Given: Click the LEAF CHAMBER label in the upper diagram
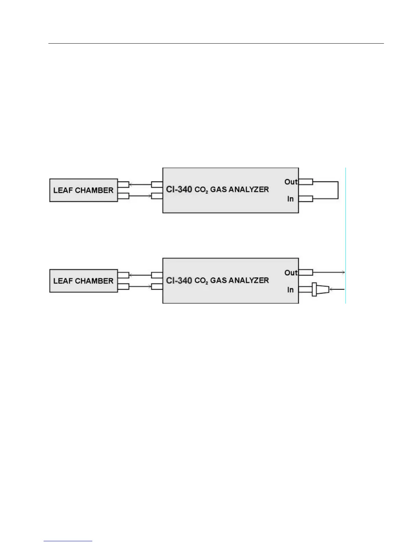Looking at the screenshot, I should (83, 190).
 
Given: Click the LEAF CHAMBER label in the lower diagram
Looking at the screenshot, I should (83, 281).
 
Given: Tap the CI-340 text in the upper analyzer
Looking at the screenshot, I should (179, 189).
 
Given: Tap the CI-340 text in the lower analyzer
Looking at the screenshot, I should (179, 280).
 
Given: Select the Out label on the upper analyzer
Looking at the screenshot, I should (291, 182).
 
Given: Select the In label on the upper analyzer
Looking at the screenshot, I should (290, 199).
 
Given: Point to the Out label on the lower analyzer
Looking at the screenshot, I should (291, 273).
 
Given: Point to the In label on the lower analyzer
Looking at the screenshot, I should (290, 290).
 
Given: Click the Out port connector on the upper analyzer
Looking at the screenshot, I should (306, 182).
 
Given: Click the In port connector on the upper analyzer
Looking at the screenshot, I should (306, 199).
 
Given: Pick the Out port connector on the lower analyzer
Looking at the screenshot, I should (306, 273).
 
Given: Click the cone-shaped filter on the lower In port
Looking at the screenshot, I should (321, 290).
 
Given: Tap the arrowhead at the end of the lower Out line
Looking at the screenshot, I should (343, 273).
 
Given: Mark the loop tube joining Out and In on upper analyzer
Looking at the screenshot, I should (338, 190).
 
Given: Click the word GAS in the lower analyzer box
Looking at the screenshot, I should (218, 281).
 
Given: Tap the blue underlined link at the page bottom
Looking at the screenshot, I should (68, 542).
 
